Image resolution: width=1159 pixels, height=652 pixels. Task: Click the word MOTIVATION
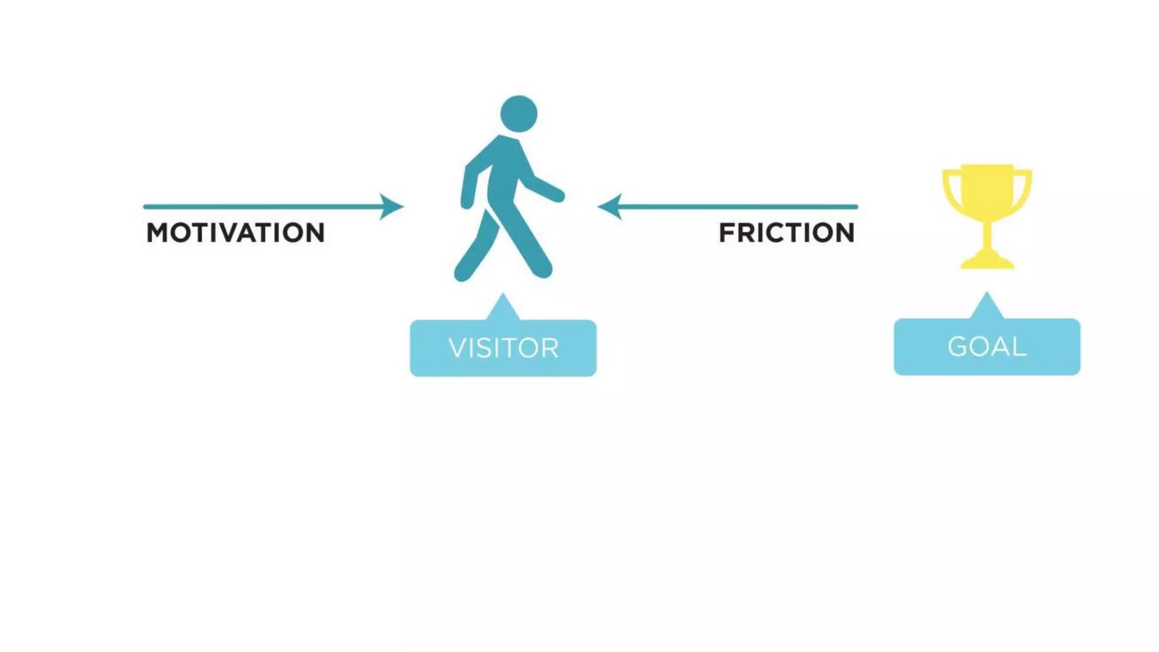click(235, 233)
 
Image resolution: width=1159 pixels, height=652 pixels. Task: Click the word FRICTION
click(787, 233)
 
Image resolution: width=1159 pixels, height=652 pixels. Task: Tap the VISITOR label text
click(503, 348)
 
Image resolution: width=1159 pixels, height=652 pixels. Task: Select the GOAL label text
click(987, 347)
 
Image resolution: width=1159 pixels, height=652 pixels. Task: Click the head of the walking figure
click(518, 114)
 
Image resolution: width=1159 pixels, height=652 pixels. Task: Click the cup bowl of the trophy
click(987, 190)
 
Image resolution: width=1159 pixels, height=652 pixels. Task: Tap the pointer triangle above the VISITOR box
click(503, 308)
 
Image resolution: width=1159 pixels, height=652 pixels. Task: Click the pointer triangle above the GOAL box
click(986, 307)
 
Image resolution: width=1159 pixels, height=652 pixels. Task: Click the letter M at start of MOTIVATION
click(157, 233)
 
